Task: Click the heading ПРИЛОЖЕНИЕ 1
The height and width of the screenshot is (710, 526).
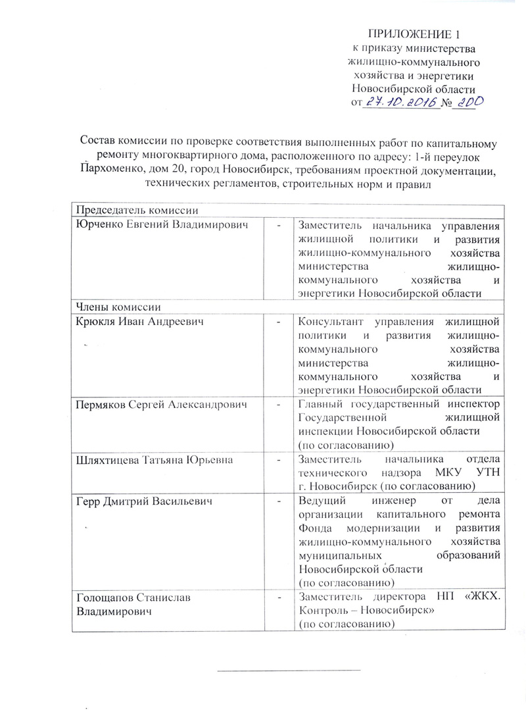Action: click(414, 34)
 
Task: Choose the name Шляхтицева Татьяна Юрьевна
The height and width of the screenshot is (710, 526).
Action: click(155, 459)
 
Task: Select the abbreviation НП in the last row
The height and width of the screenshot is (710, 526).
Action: click(442, 597)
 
